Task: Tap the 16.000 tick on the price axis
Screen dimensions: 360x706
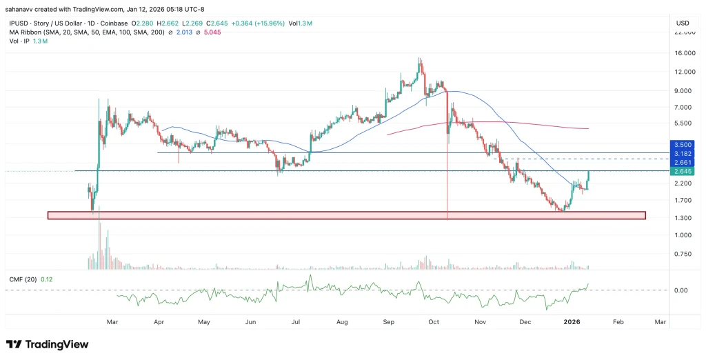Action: (683, 53)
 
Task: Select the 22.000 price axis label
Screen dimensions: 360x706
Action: (683, 33)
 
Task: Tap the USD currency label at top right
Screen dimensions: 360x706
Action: (683, 23)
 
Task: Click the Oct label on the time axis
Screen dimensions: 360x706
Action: (434, 321)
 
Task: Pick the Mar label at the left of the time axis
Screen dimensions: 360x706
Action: (113, 321)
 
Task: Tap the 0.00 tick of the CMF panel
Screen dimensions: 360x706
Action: (681, 290)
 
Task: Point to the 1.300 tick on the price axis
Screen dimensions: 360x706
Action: (683, 219)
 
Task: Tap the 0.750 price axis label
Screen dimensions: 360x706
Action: (683, 254)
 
